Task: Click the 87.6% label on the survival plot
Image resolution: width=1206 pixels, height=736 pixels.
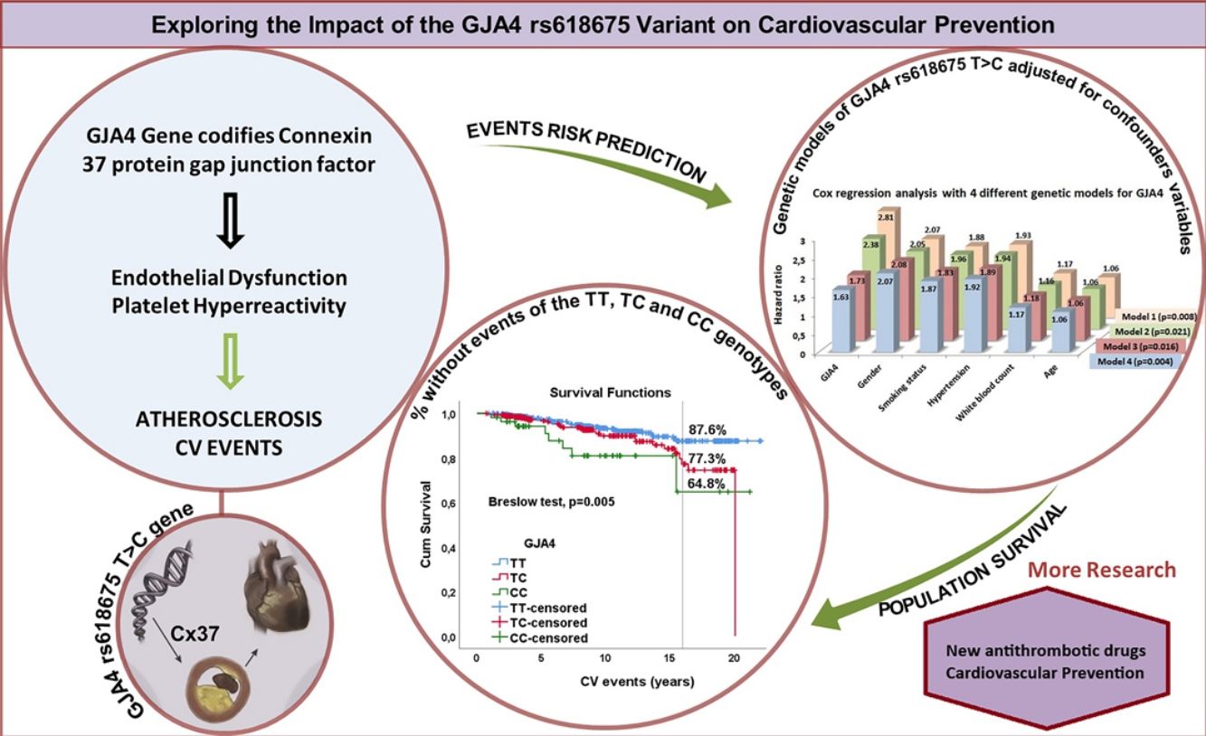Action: (x=707, y=429)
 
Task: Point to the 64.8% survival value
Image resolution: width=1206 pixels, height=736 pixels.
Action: (x=707, y=484)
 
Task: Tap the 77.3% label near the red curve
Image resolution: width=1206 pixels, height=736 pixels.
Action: (x=707, y=459)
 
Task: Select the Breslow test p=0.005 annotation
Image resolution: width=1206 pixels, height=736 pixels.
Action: (x=551, y=502)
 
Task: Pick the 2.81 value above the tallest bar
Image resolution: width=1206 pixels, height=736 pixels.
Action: (x=886, y=217)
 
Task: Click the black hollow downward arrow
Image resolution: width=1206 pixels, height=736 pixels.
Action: (x=230, y=221)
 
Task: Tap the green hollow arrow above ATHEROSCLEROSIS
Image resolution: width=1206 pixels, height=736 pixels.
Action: (x=230, y=362)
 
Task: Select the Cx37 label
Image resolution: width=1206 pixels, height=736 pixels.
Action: (x=195, y=634)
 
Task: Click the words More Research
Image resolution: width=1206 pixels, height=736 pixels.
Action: (x=1102, y=570)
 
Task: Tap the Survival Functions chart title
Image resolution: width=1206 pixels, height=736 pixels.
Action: (x=610, y=392)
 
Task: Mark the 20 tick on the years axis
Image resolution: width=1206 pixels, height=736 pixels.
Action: (x=735, y=658)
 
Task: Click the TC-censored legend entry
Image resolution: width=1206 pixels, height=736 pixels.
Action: (x=540, y=623)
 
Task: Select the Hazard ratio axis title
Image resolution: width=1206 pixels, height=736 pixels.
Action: (x=778, y=294)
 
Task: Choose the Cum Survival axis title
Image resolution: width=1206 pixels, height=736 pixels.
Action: (x=425, y=524)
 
